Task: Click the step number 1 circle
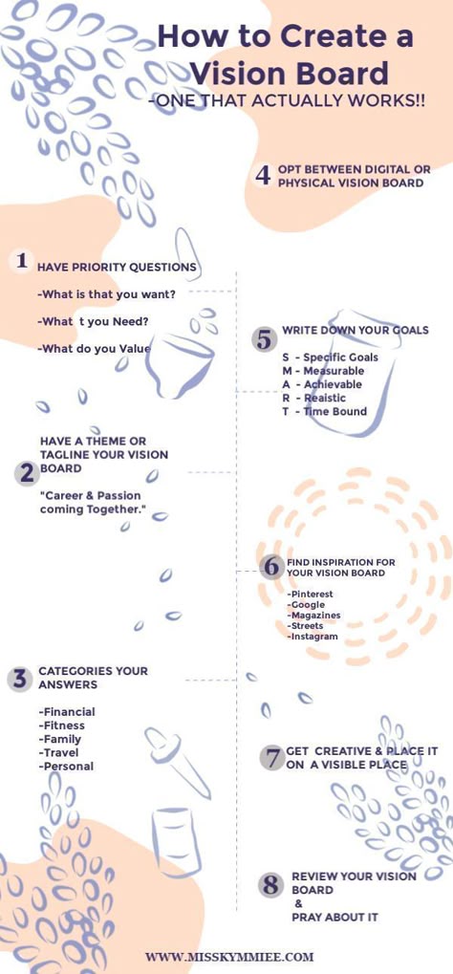click(22, 260)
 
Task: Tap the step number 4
click(263, 176)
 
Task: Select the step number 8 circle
click(270, 885)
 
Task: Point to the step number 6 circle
click(270, 567)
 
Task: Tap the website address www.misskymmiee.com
click(229, 957)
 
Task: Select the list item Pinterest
click(310, 595)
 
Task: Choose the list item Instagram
click(313, 637)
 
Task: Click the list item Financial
click(67, 712)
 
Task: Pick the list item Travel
click(59, 753)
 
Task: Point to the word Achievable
click(333, 384)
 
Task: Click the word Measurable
click(334, 371)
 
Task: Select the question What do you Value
click(94, 349)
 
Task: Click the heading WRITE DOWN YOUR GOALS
click(356, 331)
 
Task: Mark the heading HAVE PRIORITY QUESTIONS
click(117, 268)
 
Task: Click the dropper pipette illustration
click(177, 763)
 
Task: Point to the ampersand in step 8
click(298, 904)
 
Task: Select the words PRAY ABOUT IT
click(334, 917)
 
